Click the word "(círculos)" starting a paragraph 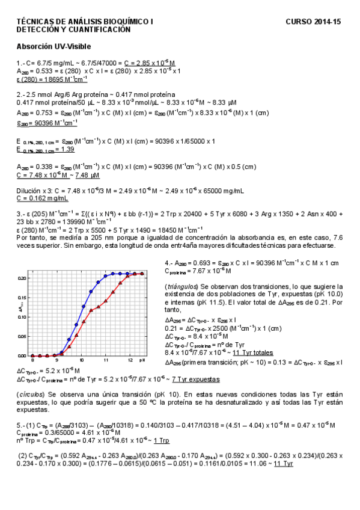point(31,393)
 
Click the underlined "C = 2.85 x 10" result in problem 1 point(150,63)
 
